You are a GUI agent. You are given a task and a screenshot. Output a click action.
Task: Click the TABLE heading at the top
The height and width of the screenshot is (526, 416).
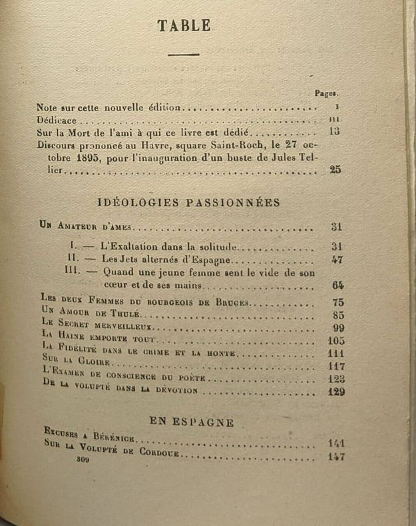(184, 26)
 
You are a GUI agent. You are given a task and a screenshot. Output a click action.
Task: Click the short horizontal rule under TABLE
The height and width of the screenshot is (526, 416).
(184, 55)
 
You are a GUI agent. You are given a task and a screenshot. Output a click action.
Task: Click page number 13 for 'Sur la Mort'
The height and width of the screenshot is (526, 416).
(335, 131)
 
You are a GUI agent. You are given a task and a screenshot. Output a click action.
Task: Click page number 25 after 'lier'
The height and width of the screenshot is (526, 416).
(335, 170)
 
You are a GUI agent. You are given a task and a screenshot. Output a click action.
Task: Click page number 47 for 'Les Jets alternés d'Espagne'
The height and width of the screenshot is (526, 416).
(336, 260)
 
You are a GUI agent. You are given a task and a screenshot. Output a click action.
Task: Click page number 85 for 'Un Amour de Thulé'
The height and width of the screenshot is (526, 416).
(336, 316)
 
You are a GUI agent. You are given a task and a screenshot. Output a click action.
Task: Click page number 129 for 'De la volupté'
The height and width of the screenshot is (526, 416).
(336, 392)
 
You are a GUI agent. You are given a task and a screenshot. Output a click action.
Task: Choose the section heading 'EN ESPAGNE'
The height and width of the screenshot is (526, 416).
(192, 422)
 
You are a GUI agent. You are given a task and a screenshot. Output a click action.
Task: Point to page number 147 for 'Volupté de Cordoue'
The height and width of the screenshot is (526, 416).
(336, 457)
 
